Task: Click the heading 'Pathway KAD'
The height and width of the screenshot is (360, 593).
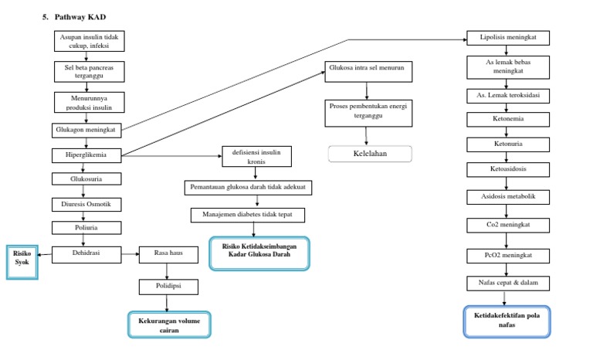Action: [x=77, y=15]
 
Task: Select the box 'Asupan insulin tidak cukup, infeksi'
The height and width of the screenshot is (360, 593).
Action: [x=87, y=41]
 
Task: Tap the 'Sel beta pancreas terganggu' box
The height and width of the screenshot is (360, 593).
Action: [x=87, y=72]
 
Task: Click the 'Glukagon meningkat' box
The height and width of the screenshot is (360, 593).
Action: [x=86, y=130]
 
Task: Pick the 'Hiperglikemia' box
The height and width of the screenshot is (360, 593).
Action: [x=86, y=155]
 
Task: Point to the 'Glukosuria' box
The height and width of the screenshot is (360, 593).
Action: [x=86, y=178]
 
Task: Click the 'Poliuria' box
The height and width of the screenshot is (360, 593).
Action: [x=86, y=227]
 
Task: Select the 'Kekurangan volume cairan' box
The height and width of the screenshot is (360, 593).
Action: [x=168, y=324]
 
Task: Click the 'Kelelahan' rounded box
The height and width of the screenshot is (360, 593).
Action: [x=370, y=154]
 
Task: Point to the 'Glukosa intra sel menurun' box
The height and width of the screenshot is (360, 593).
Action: [x=367, y=72]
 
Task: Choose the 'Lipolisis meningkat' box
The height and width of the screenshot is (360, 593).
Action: [x=507, y=38]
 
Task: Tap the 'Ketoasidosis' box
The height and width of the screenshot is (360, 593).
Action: [x=507, y=169]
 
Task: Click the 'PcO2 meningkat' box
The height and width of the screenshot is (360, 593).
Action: [x=507, y=254]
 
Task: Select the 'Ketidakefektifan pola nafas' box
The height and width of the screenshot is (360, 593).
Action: [x=507, y=321]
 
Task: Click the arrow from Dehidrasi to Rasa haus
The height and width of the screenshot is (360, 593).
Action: [x=130, y=253]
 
